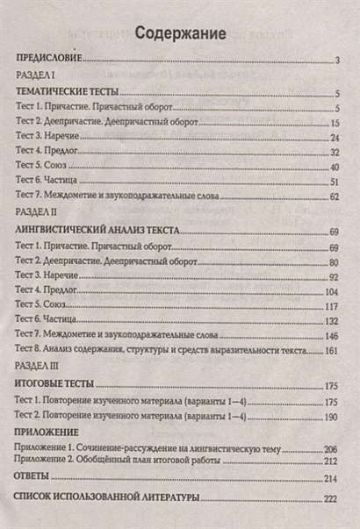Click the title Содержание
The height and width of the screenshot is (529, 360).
click(181, 34)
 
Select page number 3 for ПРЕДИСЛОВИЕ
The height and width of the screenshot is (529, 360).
click(336, 61)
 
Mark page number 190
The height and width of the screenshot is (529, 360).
click(330, 417)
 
